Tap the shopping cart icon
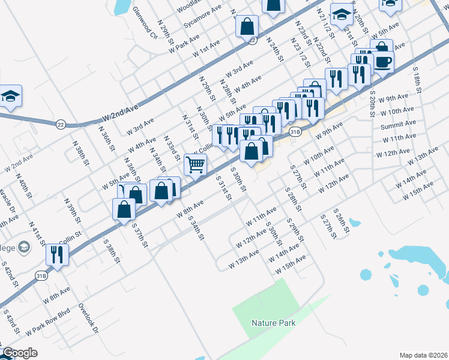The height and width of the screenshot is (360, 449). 196,163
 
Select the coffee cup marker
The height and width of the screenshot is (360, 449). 384,61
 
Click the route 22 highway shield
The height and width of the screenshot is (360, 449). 61,124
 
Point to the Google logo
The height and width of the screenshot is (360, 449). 20,353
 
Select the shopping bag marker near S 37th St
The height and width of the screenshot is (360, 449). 124,209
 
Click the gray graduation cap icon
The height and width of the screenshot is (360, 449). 23,246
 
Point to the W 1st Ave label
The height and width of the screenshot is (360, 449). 206,49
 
